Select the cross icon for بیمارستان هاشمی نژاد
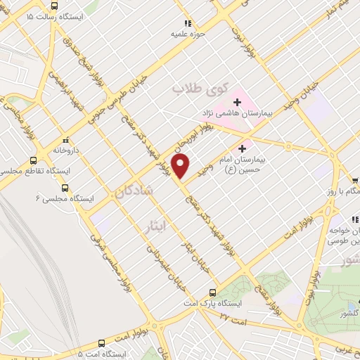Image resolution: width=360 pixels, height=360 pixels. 238,103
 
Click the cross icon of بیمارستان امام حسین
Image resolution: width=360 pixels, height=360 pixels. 243,148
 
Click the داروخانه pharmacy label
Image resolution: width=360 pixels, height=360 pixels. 67,150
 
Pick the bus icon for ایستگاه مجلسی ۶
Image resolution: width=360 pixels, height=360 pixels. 65,188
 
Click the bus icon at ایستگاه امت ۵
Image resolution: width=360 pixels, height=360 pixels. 102,344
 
